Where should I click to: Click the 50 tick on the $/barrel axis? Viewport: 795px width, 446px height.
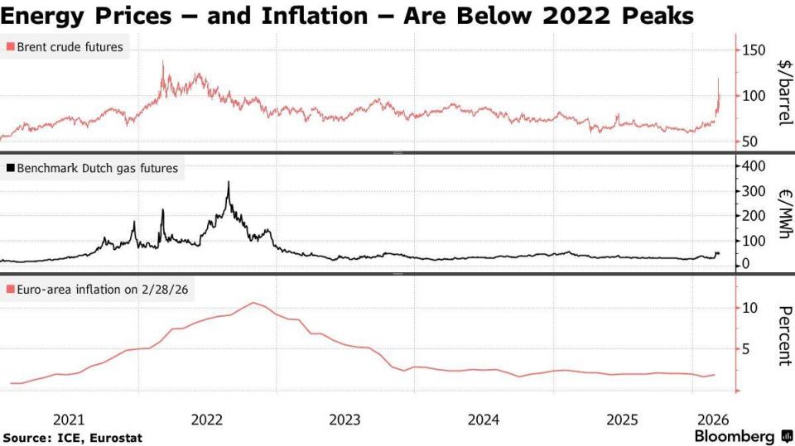pyautogui.click(x=749, y=141)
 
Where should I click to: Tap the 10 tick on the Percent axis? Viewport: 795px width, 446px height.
pyautogui.click(x=749, y=308)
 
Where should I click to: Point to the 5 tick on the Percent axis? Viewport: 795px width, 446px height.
pyautogui.click(x=746, y=349)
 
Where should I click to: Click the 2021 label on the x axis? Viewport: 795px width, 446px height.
pyautogui.click(x=69, y=419)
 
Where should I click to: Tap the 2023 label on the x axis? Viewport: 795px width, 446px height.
pyautogui.click(x=344, y=419)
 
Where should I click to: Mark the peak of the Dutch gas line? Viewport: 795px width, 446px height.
pyautogui.click(x=228, y=183)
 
